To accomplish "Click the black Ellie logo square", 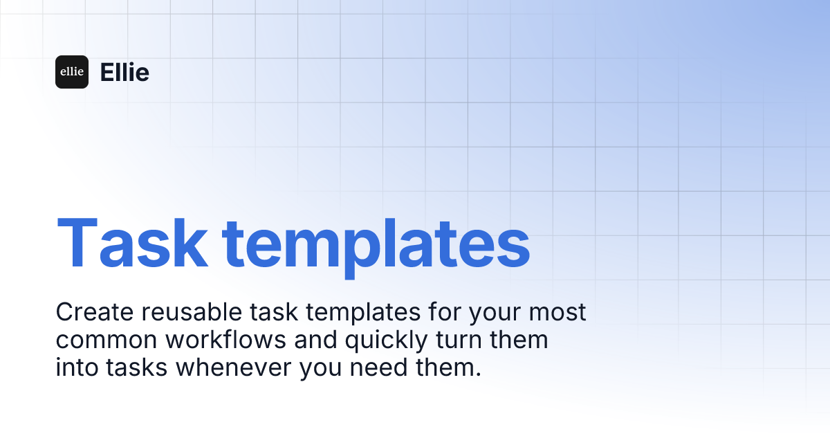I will [72, 72].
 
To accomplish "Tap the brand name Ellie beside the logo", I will [124, 72].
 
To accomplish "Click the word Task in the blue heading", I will [131, 244].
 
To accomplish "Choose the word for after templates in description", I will [442, 312].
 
